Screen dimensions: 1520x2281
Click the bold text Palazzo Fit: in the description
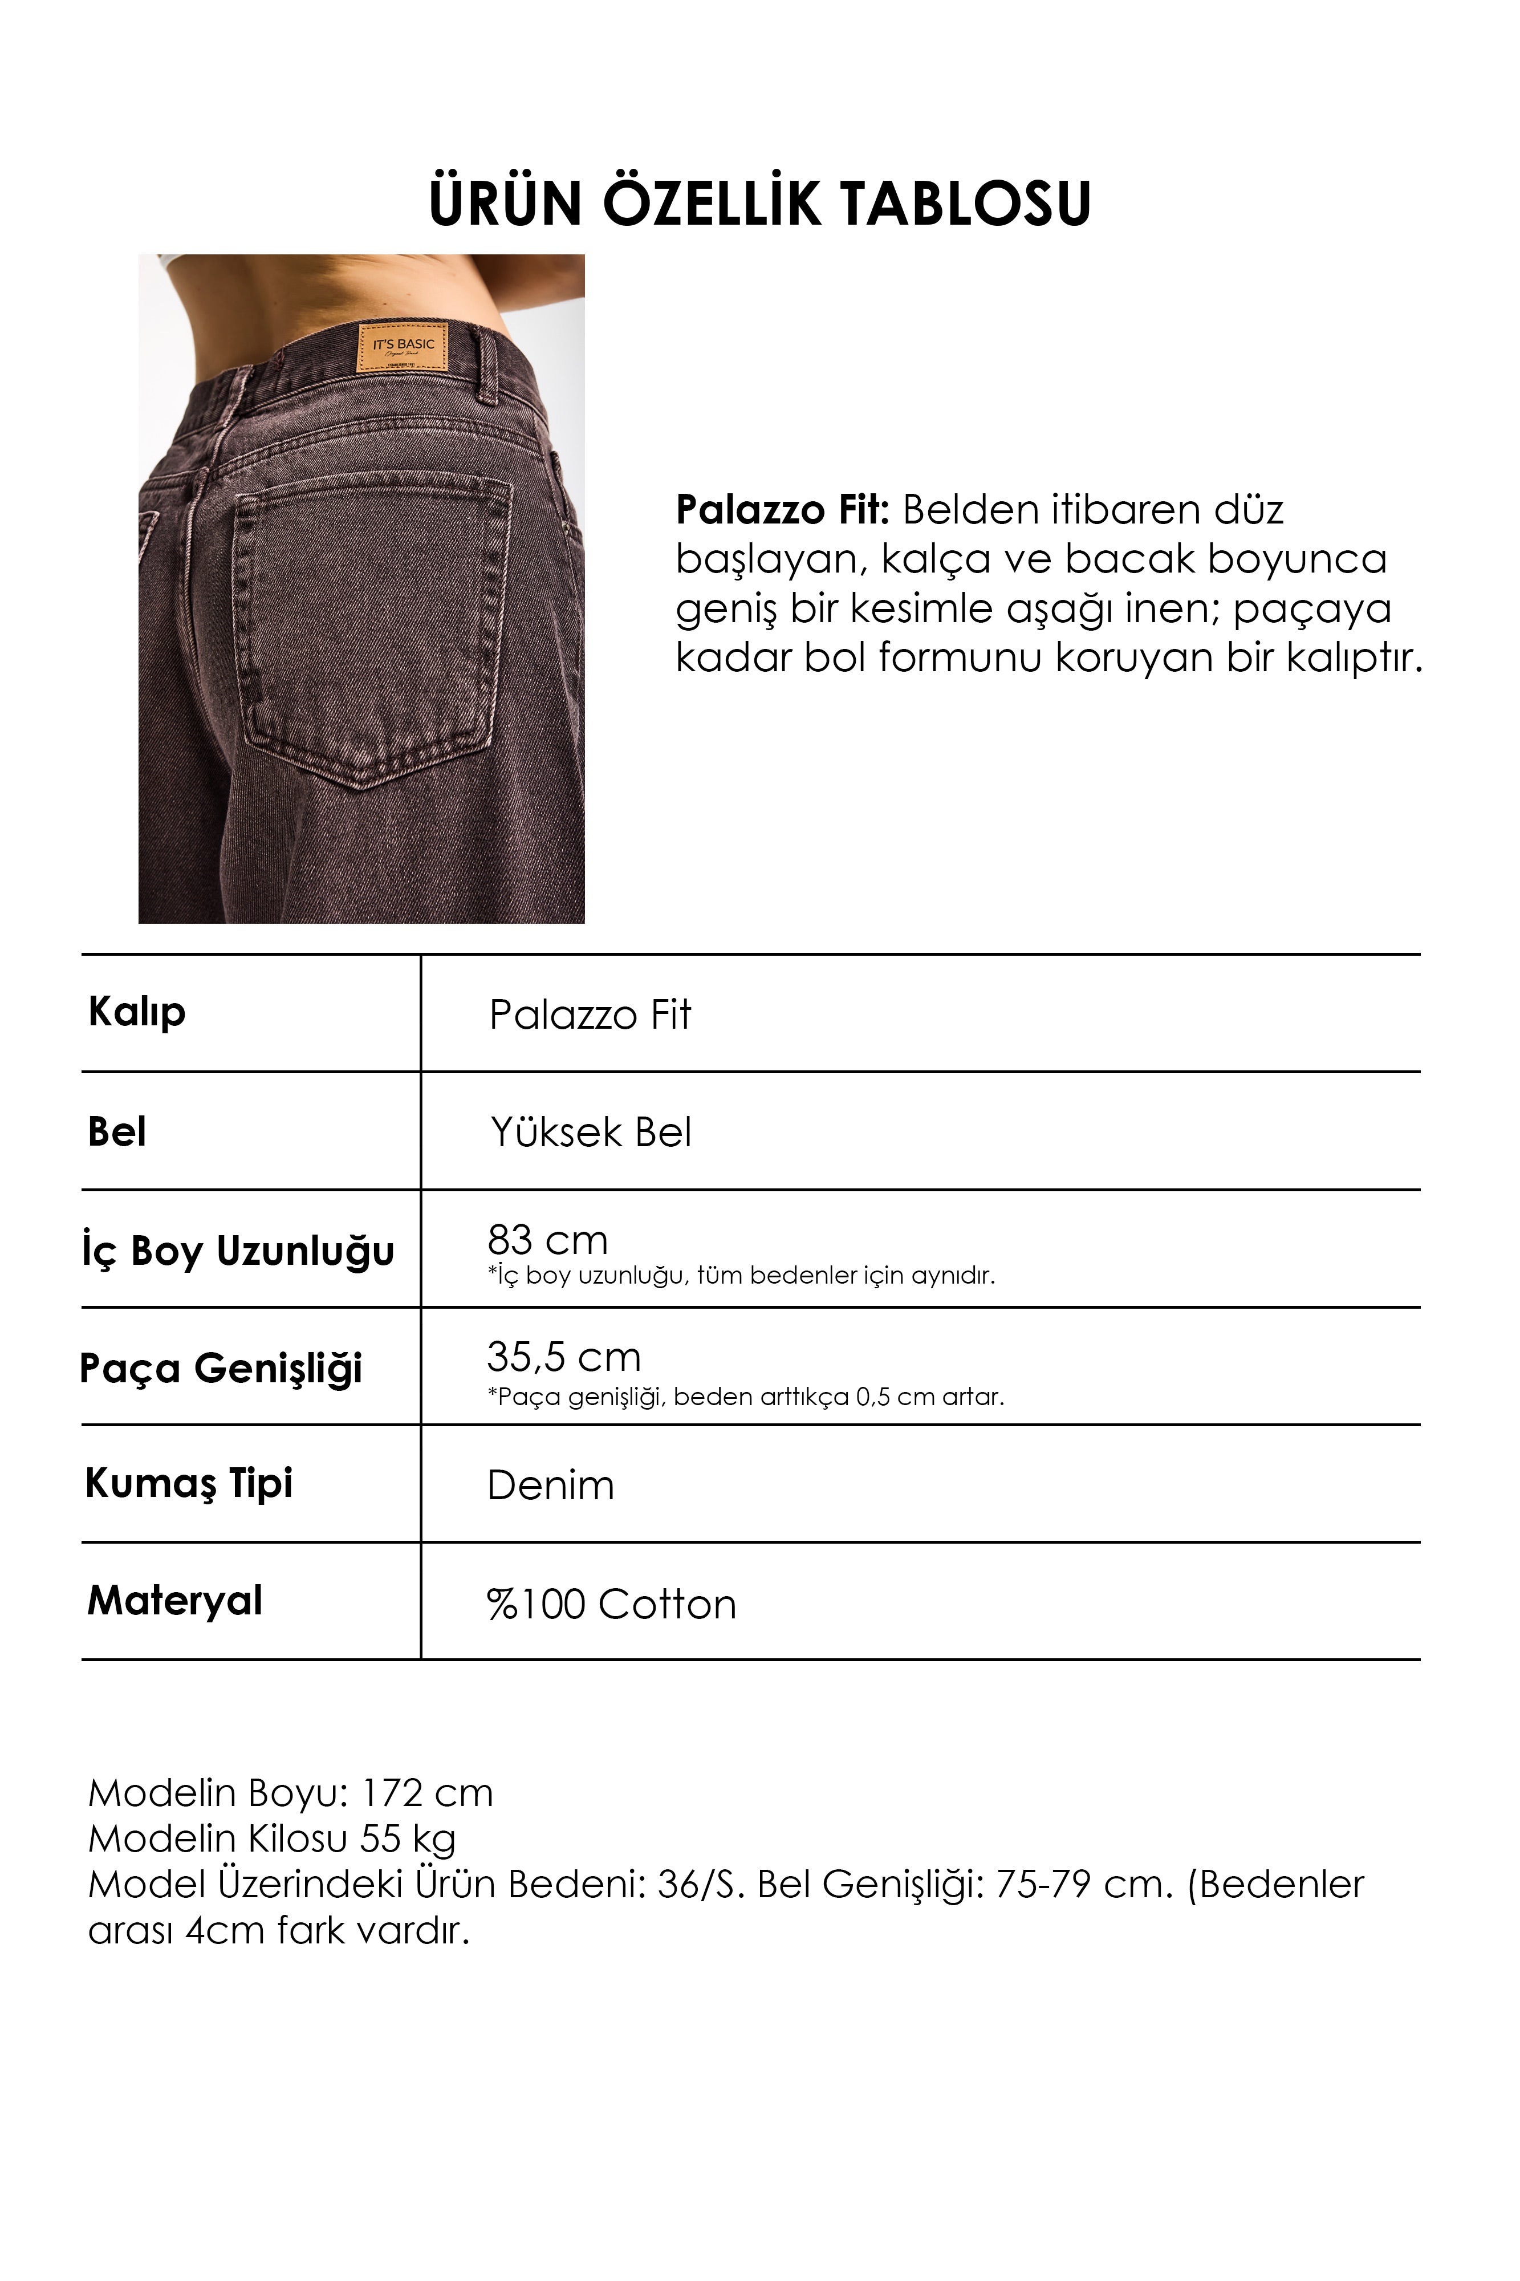(781, 510)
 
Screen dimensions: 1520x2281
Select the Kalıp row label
(137, 1013)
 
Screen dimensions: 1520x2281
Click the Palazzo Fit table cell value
(590, 1015)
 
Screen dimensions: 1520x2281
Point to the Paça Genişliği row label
(221, 1368)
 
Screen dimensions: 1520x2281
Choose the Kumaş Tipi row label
(189, 1483)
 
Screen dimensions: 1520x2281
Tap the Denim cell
(551, 1485)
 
